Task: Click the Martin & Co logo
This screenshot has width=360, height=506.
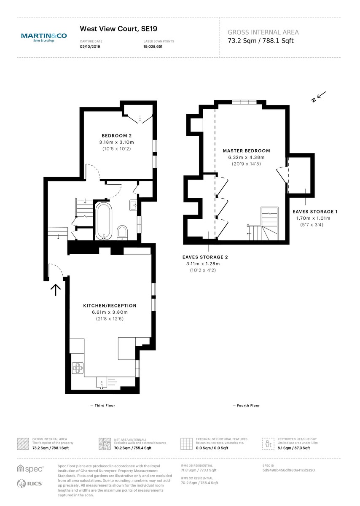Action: (x=44, y=38)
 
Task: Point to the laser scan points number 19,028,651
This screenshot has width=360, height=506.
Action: (x=153, y=47)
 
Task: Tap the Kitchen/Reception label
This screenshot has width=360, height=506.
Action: (x=110, y=306)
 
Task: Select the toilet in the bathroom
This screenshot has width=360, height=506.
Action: (x=122, y=231)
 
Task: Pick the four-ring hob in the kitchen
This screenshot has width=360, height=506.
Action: (x=78, y=368)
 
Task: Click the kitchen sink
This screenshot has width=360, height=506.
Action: (x=102, y=383)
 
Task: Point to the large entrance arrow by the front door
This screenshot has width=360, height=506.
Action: (x=56, y=290)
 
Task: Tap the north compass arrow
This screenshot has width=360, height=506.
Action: (x=319, y=97)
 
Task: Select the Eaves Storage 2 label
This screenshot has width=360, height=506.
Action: (x=205, y=257)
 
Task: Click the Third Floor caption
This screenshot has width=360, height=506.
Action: (x=103, y=406)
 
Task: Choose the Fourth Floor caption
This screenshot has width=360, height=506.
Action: (x=246, y=406)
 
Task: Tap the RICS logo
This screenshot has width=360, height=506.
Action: (x=30, y=484)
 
